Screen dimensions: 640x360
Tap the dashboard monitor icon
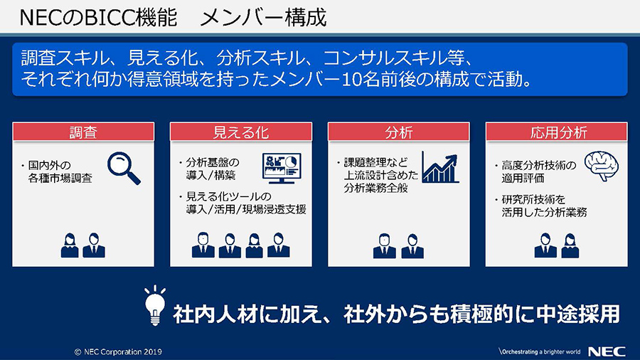[282, 168]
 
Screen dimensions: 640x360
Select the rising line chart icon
[440, 167]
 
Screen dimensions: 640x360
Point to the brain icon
[601, 166]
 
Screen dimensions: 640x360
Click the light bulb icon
[155, 306]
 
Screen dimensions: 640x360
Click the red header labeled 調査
[83, 132]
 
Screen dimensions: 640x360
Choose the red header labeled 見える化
[241, 132]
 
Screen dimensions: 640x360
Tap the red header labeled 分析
[399, 132]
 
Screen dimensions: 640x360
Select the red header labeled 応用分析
[557, 132]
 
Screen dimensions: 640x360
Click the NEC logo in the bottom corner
[607, 351]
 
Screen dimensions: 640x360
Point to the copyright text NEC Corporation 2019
[118, 352]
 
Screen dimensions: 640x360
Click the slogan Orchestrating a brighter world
[540, 352]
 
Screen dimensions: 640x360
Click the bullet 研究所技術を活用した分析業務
[541, 206]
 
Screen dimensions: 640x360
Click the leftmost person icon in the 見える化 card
[203, 245]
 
